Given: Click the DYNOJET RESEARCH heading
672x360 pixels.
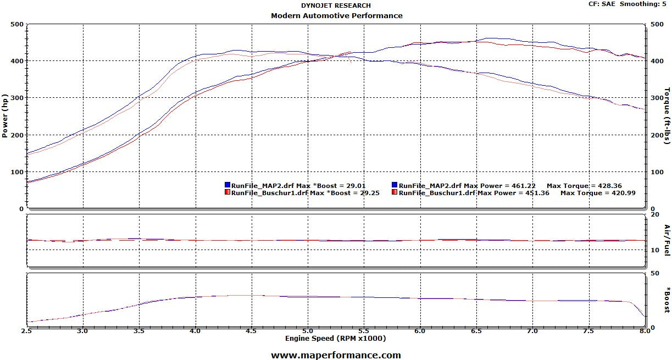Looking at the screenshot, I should click(x=336, y=5).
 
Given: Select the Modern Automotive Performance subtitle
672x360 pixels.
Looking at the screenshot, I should click(x=336, y=15).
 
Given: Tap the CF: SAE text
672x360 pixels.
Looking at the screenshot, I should click(x=603, y=4).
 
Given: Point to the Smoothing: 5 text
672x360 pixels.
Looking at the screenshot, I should click(x=646, y=4).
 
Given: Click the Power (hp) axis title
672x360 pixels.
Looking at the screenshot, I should click(x=5, y=116).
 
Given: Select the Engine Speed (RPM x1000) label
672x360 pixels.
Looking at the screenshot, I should click(x=335, y=338).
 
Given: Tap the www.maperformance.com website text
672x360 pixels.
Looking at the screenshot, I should click(x=336, y=355).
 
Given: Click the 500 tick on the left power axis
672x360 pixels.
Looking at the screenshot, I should click(x=17, y=24).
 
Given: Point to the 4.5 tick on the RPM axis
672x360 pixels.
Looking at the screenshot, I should click(x=251, y=331).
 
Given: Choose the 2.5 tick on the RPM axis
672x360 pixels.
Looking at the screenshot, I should click(x=26, y=331).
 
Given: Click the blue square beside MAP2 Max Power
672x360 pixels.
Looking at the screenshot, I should click(x=395, y=186).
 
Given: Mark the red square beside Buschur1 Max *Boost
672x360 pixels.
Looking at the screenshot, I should click(x=227, y=193).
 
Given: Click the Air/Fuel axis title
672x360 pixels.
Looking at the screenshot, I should click(x=667, y=240).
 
